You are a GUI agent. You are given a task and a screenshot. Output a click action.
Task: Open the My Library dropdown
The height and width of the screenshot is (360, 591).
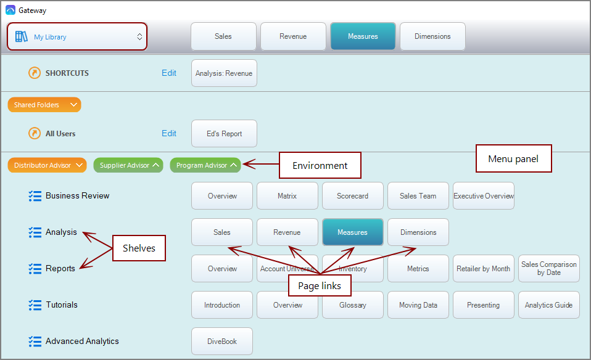tap(78, 37)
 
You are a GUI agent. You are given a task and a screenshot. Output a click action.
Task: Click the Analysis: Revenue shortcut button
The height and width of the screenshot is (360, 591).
tap(224, 73)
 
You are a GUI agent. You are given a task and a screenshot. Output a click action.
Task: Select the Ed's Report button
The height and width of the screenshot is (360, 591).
tap(224, 134)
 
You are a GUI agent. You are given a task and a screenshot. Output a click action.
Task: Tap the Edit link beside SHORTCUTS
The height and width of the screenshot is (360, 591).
tap(169, 73)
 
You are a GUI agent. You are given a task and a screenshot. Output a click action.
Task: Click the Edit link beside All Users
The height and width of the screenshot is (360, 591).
tap(169, 133)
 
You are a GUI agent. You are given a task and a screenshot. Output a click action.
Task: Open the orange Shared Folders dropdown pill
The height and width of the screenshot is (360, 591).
tap(44, 105)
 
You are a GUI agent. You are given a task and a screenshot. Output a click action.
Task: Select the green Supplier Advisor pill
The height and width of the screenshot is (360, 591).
tap(128, 165)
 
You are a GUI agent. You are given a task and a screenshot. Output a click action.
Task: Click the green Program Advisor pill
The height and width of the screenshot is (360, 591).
tap(205, 165)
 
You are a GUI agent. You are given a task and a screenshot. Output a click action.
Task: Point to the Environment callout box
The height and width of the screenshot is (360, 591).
tap(320, 165)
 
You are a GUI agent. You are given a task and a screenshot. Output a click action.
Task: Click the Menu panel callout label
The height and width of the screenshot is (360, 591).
tap(513, 159)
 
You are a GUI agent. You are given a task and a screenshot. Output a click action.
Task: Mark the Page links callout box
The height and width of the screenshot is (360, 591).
tap(320, 285)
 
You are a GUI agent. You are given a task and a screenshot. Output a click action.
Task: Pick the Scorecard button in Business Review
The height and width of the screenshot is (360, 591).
tap(353, 196)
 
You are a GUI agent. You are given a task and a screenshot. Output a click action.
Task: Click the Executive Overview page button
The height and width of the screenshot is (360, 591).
tap(484, 196)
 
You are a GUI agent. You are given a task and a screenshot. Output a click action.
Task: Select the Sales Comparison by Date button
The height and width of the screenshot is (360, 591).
tap(549, 269)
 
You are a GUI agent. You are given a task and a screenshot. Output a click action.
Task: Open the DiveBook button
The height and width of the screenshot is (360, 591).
tap(222, 341)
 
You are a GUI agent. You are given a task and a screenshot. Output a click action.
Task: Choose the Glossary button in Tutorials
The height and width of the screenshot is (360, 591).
tap(353, 305)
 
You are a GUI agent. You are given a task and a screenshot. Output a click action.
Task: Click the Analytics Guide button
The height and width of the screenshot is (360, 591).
tap(549, 305)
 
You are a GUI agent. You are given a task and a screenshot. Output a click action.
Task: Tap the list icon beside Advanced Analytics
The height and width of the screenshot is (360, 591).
tap(35, 341)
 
